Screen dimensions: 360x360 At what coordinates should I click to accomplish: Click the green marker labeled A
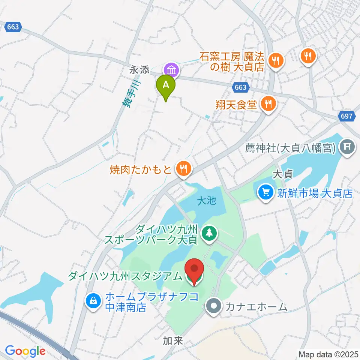coord(165,85)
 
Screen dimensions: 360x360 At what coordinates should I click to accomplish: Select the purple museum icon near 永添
coord(171,70)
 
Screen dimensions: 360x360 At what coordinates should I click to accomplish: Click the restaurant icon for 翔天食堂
coord(268,103)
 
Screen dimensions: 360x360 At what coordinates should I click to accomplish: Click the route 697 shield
coord(347,116)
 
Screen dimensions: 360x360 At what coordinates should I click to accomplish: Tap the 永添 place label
coord(139,70)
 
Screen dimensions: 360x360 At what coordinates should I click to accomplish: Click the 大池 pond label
coord(207,201)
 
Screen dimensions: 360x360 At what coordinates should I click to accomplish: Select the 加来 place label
coord(172,340)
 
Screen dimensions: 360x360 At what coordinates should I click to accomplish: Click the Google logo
coord(25,351)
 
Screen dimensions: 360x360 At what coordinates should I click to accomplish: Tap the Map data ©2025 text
coord(328,354)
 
